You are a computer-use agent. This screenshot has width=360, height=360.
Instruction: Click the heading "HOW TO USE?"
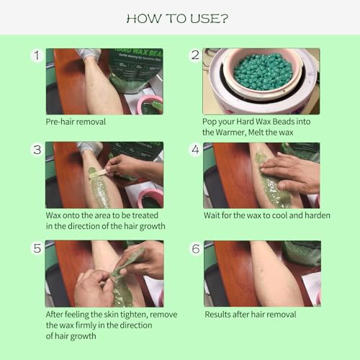(x=177, y=19)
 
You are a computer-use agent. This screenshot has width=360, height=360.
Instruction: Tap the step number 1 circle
(x=37, y=55)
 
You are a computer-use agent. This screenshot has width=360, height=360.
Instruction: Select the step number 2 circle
(x=195, y=55)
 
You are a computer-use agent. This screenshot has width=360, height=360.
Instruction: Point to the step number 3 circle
(x=37, y=150)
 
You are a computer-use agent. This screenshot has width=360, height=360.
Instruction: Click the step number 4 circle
(x=195, y=150)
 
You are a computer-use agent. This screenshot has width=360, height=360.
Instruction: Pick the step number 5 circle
(x=37, y=248)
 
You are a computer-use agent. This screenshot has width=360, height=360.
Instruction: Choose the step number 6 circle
(x=196, y=248)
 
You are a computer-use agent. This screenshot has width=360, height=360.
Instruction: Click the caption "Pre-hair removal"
(x=76, y=122)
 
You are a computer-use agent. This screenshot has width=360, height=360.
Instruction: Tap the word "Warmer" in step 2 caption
(x=231, y=132)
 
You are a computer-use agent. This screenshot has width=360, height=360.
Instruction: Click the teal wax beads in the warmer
(x=263, y=71)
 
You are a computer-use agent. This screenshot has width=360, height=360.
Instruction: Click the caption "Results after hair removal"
(x=251, y=315)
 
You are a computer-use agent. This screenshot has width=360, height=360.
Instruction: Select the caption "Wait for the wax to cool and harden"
(x=267, y=215)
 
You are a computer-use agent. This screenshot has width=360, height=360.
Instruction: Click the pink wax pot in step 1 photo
(x=150, y=105)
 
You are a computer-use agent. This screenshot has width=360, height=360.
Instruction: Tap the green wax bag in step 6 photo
(x=302, y=253)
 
